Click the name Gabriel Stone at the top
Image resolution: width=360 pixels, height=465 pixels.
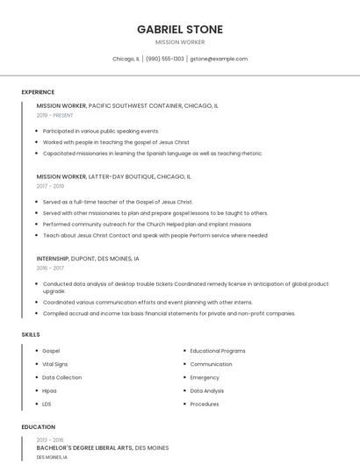click(x=180, y=29)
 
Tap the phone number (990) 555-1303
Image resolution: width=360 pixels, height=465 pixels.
click(x=165, y=59)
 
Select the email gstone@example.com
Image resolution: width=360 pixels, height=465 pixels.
click(x=219, y=59)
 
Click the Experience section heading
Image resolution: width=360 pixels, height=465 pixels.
click(x=38, y=92)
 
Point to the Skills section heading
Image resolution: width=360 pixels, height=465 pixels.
click(x=31, y=334)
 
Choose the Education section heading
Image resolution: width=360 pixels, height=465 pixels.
click(x=39, y=427)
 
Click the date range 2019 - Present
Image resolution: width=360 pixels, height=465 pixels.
click(x=54, y=115)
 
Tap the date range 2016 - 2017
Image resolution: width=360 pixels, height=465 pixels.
click(x=50, y=268)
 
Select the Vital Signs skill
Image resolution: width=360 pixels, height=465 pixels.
click(x=54, y=364)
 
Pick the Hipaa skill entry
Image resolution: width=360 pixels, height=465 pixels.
click(x=49, y=390)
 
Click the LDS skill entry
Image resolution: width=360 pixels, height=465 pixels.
click(x=47, y=404)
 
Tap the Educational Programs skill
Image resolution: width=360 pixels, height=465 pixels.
click(x=218, y=351)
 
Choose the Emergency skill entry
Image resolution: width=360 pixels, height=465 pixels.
click(x=205, y=377)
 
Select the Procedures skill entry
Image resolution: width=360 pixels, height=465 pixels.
click(x=205, y=404)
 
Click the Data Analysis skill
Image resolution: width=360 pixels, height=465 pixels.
click(x=207, y=390)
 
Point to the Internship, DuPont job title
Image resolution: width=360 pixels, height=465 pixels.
click(x=88, y=259)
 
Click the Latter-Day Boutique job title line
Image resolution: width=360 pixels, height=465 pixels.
click(x=113, y=176)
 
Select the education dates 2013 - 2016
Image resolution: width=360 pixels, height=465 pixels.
click(x=50, y=440)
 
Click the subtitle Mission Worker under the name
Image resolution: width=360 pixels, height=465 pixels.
click(x=180, y=42)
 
